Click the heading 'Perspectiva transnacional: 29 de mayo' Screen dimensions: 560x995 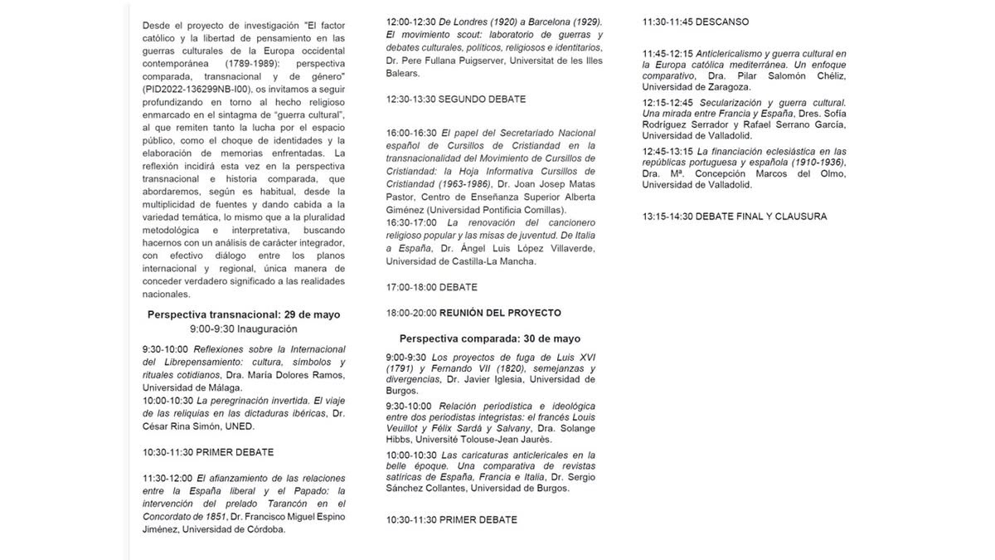tap(243, 315)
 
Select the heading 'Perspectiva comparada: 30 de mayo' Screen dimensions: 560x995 tap(489, 338)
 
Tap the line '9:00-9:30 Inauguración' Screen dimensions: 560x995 tap(243, 329)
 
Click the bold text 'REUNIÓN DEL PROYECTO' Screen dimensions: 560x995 tap(500, 313)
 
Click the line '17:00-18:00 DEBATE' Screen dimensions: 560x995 tap(431, 287)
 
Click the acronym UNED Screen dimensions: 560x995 tap(237, 426)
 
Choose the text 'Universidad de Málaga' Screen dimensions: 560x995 tap(192, 387)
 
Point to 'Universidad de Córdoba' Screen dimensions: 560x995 tap(234, 530)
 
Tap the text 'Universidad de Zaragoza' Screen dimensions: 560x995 tap(696, 87)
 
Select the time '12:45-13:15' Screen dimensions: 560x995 tap(668, 152)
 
